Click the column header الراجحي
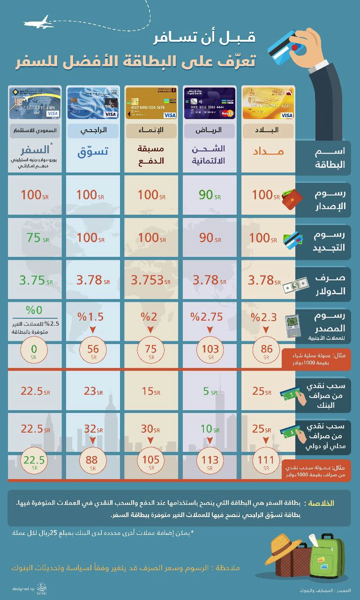tap(92, 130)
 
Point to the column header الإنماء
tap(151, 130)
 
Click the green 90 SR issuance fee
tap(210, 195)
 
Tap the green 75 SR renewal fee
tap(37, 238)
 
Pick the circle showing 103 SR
tap(210, 350)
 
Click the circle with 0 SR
tap(33, 350)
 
